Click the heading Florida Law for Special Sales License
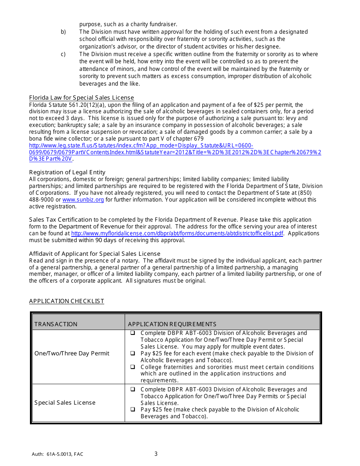(x=81, y=98)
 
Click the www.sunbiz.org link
(x=83, y=200)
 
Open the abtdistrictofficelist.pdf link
(x=177, y=233)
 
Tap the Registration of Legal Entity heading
(x=67, y=172)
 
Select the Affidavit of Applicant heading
(x=95, y=254)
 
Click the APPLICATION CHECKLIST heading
(x=66, y=301)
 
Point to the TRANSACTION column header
(x=56, y=324)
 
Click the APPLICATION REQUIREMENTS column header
(x=172, y=324)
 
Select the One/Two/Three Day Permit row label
(x=72, y=353)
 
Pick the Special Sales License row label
(x=65, y=403)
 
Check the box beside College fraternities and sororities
(x=133, y=367)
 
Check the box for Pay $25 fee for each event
(x=133, y=353)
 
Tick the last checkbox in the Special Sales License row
(x=133, y=410)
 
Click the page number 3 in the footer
(x=156, y=454)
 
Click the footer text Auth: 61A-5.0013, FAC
(x=58, y=454)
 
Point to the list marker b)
(x=63, y=32)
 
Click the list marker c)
(x=63, y=54)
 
